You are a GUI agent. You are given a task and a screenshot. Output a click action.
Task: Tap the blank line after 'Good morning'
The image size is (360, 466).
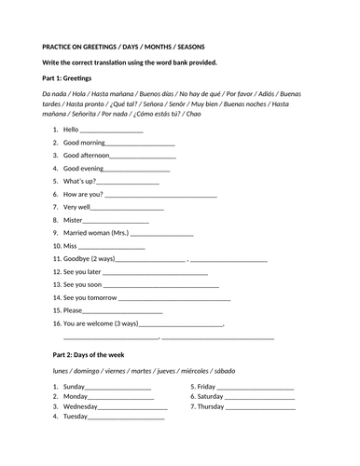(140, 144)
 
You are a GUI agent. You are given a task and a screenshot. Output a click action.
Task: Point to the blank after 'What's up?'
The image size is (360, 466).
(125, 183)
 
